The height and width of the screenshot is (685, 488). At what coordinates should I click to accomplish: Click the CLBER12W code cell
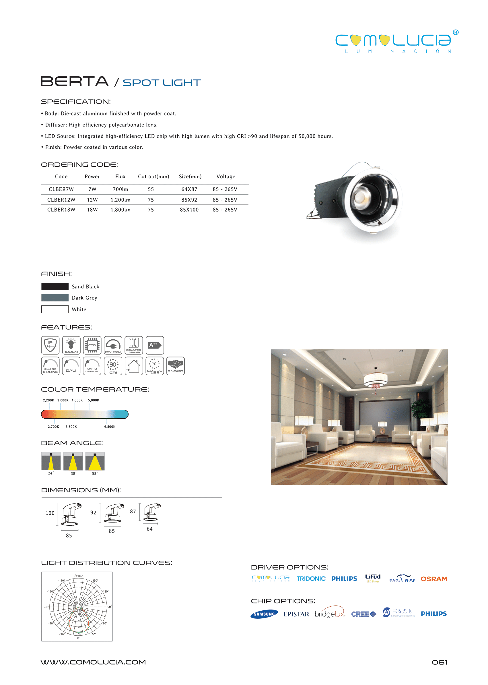tap(61, 200)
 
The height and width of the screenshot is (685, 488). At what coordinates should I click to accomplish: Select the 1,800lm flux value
tap(120, 210)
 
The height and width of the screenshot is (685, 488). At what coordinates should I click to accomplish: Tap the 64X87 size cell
tap(189, 189)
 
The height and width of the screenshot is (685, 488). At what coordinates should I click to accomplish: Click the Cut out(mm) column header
tap(153, 177)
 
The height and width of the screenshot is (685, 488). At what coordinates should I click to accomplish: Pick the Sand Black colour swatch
tap(55, 286)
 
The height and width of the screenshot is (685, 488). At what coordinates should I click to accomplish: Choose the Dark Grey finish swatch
tap(55, 298)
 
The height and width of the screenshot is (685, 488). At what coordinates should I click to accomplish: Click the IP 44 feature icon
tap(50, 345)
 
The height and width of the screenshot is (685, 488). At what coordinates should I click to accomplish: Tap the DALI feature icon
tap(71, 366)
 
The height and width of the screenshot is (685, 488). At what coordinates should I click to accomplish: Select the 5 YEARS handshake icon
tap(176, 366)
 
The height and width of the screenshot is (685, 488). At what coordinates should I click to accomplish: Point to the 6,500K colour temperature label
tap(110, 427)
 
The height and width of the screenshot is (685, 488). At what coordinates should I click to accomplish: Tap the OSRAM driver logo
tap(433, 579)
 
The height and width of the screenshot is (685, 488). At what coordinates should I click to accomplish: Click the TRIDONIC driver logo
tap(311, 578)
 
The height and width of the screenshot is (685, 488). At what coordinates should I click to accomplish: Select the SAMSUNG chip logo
tap(264, 614)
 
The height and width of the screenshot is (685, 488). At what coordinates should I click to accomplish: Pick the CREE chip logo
tap(363, 614)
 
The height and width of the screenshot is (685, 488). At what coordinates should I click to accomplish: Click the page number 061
tap(439, 662)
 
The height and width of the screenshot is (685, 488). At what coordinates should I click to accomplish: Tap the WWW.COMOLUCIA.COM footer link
tap(93, 662)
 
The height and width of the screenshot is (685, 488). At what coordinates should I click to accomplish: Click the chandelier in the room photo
tap(376, 380)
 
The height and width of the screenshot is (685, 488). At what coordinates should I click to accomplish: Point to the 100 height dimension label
tap(50, 513)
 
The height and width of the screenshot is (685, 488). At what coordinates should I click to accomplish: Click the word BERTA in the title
tap(75, 81)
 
